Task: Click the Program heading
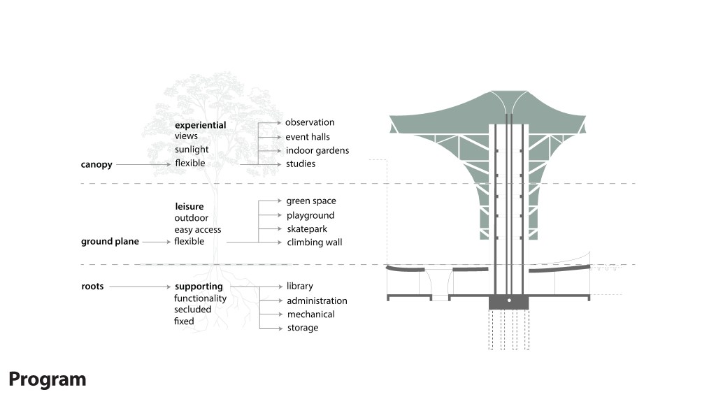[48, 379]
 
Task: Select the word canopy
[96, 165]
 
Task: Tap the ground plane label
[110, 242]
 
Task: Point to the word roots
[92, 286]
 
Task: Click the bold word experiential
[200, 125]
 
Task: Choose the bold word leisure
[189, 207]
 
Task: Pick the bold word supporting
[199, 286]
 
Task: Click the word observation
[310, 123]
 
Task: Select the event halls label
[308, 137]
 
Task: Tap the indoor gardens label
[317, 150]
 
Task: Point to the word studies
[301, 164]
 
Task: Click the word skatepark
[307, 229]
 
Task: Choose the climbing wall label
[314, 242]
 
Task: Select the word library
[300, 286]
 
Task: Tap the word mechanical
[310, 314]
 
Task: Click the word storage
[302, 328]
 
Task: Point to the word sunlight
[192, 150]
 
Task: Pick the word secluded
[193, 310]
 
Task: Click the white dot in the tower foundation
[509, 301]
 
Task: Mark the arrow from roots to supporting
[140, 286]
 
